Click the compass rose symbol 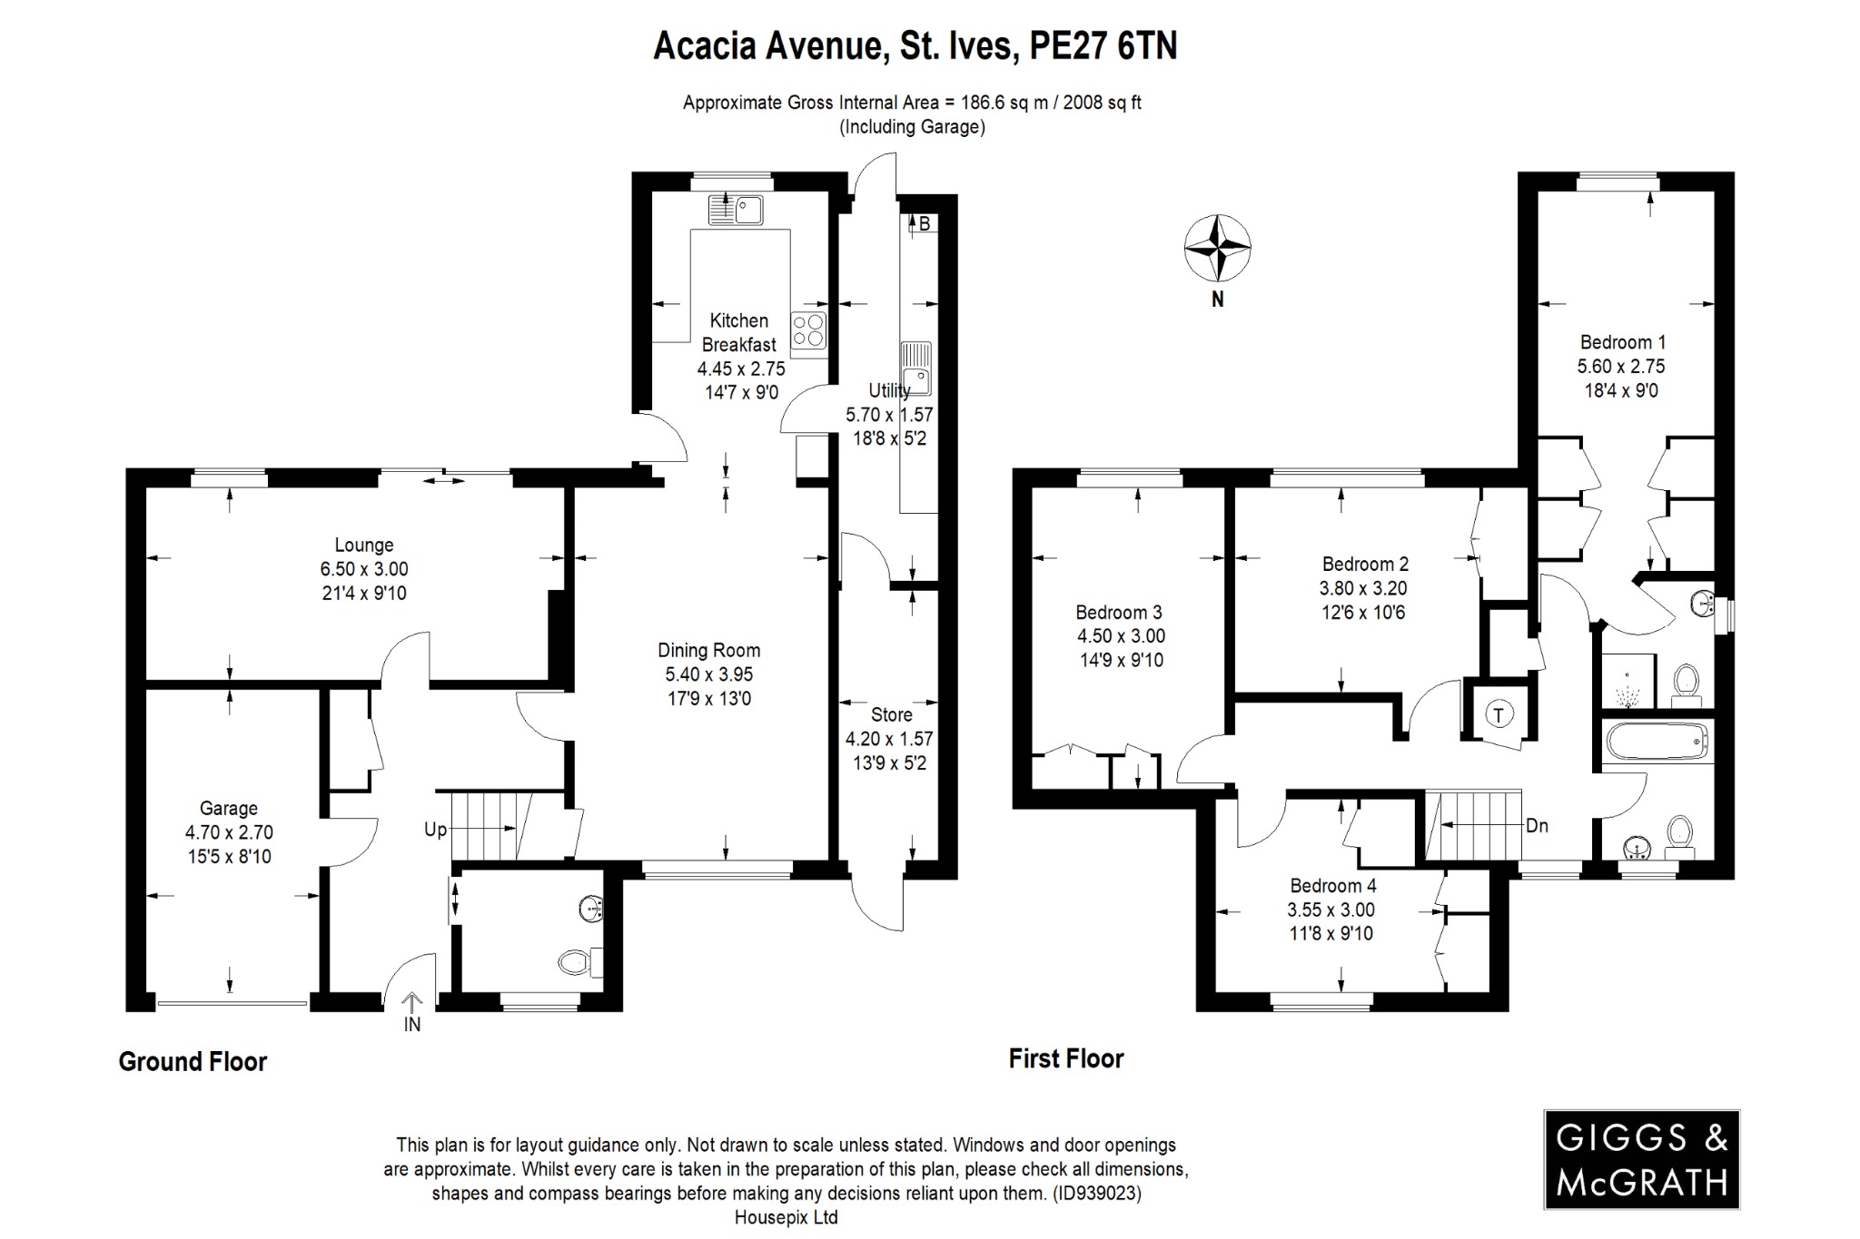[1217, 248]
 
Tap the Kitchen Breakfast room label [739, 332]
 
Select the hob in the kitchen [808, 331]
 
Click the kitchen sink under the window [736, 211]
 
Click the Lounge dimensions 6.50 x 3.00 [363, 569]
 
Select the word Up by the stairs [435, 830]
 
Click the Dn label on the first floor [1537, 826]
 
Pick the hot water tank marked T [1499, 715]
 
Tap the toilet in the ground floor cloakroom [577, 960]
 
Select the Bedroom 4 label [1332, 885]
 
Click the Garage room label [229, 808]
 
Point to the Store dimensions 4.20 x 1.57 [889, 739]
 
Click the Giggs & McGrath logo [1641, 1159]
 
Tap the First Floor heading [1066, 1058]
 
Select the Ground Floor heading [193, 1061]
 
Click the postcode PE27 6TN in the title [1103, 45]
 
